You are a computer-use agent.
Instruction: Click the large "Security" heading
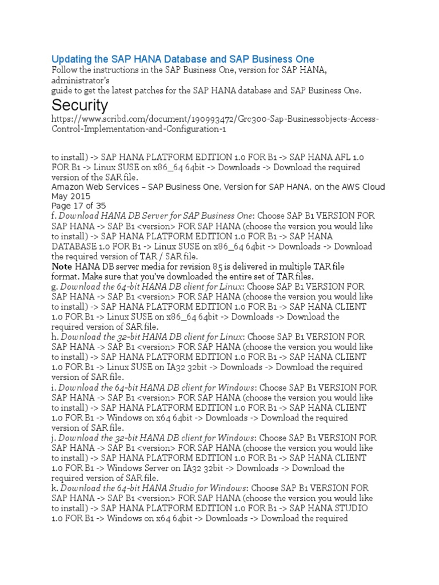click(79, 106)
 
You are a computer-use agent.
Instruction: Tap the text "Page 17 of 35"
click(78, 206)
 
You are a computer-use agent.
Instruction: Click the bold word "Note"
click(62, 267)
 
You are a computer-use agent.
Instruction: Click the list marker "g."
click(55, 286)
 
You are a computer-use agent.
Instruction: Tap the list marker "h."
click(55, 337)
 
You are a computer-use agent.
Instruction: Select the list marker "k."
click(55, 488)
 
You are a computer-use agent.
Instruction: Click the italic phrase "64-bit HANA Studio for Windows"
click(176, 488)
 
